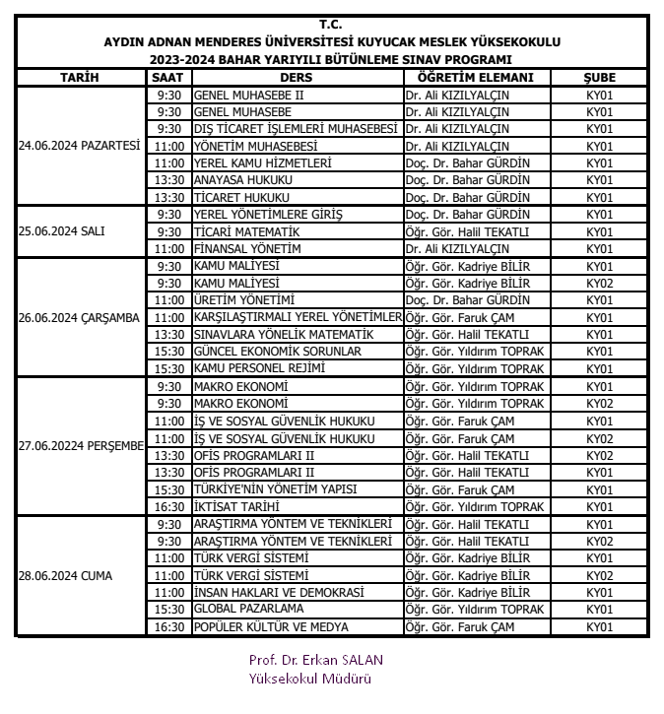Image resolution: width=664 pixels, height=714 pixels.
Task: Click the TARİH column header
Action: click(x=80, y=78)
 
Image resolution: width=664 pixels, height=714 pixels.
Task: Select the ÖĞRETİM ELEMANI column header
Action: click(x=475, y=78)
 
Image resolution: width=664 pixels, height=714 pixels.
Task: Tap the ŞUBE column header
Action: click(x=599, y=78)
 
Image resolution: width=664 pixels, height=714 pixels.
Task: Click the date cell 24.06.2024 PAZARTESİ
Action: click(x=80, y=146)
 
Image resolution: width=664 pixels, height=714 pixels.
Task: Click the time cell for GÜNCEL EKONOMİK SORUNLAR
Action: click(x=169, y=352)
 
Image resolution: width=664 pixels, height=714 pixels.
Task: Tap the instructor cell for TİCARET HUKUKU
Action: click(x=475, y=197)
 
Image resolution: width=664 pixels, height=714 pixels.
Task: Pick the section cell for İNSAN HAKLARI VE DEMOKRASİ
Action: click(x=599, y=592)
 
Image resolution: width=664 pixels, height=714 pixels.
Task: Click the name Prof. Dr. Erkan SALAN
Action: click(x=315, y=660)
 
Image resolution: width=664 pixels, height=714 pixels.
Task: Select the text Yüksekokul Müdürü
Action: click(x=310, y=678)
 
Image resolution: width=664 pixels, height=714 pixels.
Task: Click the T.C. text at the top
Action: click(x=332, y=24)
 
